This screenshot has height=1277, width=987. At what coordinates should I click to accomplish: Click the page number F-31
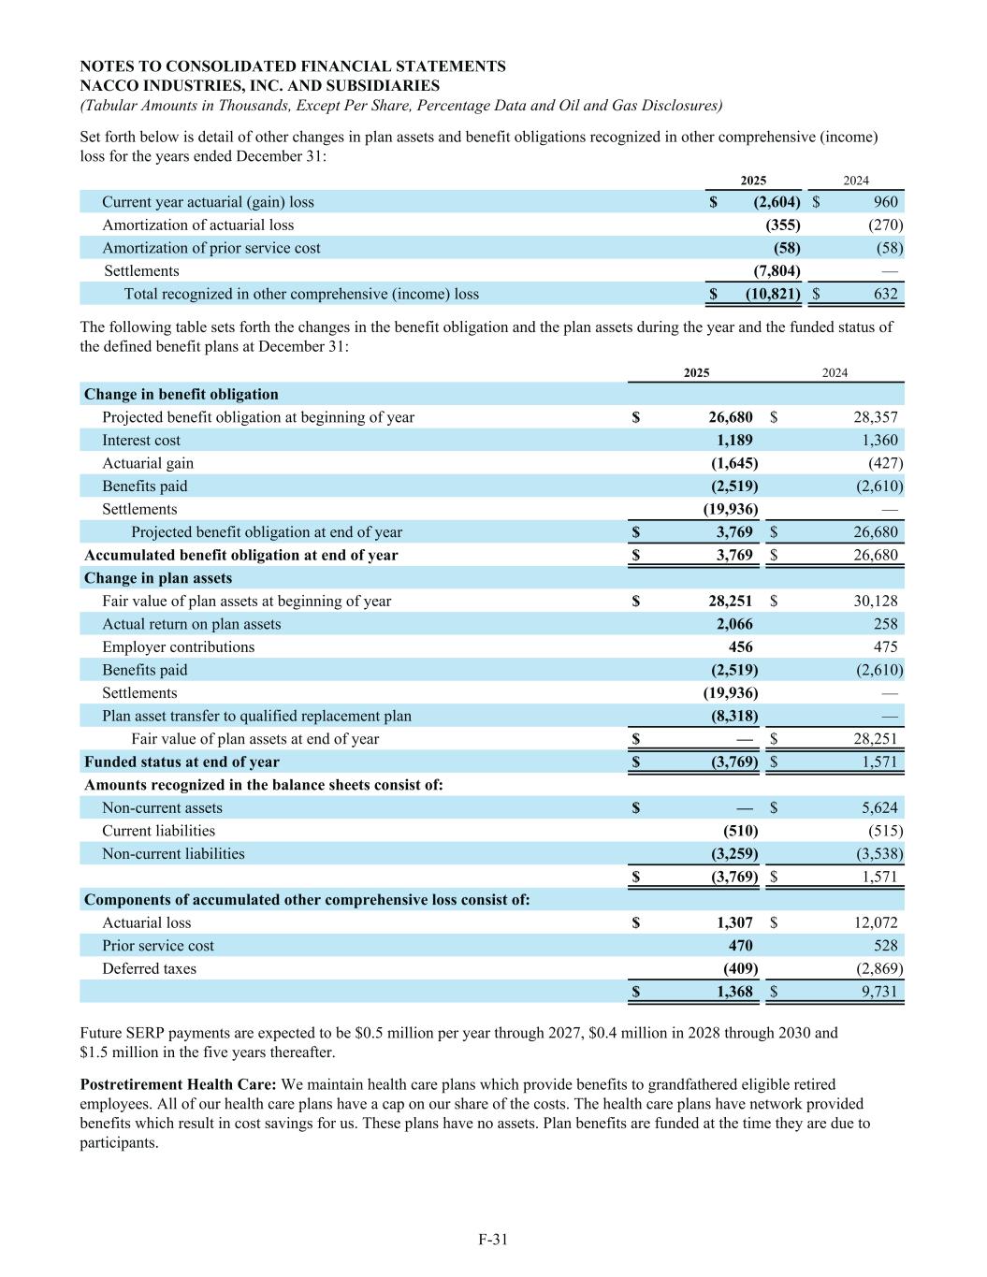click(x=492, y=1240)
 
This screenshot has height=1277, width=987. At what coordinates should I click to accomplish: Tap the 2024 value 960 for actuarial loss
click(x=885, y=202)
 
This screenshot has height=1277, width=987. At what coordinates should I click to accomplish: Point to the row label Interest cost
click(x=141, y=441)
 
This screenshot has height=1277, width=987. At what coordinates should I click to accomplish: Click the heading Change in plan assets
click(x=158, y=578)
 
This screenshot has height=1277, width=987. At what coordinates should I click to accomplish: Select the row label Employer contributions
click(x=178, y=647)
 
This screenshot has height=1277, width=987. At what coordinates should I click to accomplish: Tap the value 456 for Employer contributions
click(x=740, y=647)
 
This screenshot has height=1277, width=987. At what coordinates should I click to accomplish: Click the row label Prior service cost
click(x=158, y=946)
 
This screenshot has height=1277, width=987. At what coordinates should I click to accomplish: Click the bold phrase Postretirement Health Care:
click(x=178, y=1084)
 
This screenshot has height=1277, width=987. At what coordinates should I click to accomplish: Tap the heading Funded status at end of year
click(x=181, y=762)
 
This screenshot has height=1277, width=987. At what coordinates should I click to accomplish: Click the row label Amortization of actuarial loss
click(x=197, y=225)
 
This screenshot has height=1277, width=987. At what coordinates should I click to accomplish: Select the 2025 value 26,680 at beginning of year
click(x=731, y=417)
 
